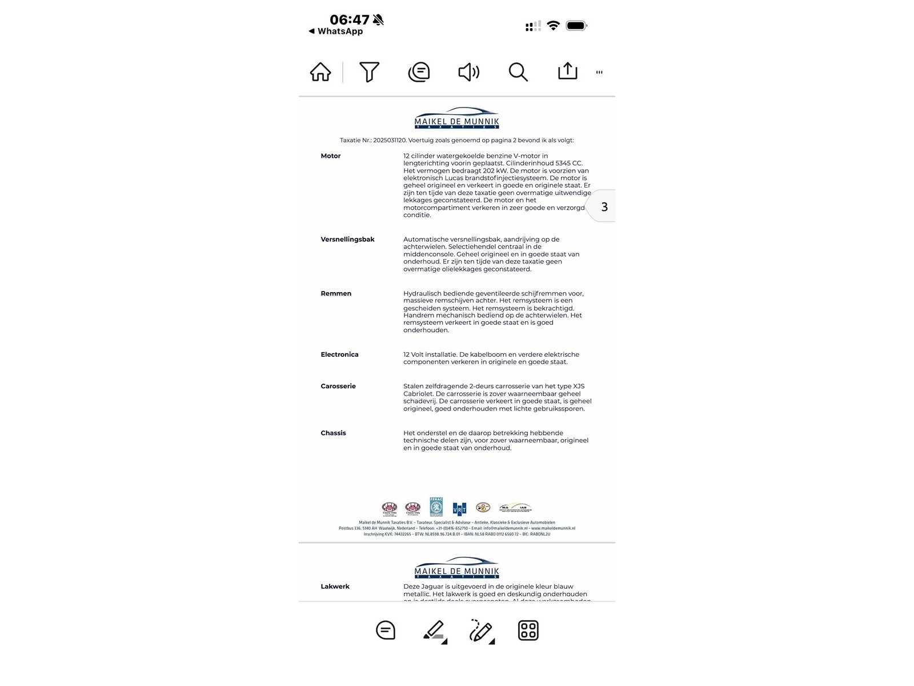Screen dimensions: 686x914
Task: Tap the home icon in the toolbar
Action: click(x=320, y=72)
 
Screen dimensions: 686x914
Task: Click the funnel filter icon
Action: click(x=369, y=72)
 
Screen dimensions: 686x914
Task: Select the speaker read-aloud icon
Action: click(x=468, y=72)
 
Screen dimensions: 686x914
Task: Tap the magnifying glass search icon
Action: click(x=518, y=72)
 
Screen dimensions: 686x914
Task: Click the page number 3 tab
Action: click(x=604, y=207)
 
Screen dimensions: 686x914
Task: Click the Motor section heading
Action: click(x=331, y=156)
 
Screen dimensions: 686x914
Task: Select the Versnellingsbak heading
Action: click(x=347, y=240)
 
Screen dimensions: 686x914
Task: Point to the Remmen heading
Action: click(x=336, y=294)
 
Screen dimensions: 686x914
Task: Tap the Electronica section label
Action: click(x=339, y=355)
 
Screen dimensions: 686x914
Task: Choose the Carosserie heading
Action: click(x=338, y=386)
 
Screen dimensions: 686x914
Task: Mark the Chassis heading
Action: click(x=333, y=433)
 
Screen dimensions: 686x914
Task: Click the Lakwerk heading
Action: click(x=335, y=587)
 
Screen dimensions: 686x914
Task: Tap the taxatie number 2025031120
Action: click(x=389, y=140)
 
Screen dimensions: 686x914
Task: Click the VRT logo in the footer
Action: click(x=459, y=509)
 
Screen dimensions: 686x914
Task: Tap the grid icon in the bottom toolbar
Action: click(x=528, y=631)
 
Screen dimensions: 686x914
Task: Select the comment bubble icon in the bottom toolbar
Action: click(x=386, y=631)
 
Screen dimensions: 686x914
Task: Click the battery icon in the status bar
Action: click(x=576, y=26)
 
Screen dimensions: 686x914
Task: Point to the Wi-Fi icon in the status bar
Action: click(x=553, y=26)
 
